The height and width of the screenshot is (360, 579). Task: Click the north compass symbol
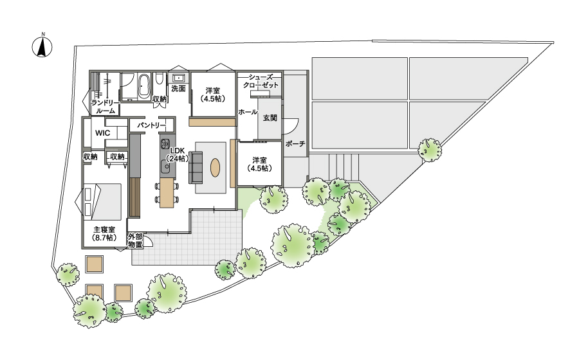pyautogui.click(x=42, y=46)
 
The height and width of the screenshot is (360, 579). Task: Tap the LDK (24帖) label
pyautogui.click(x=178, y=154)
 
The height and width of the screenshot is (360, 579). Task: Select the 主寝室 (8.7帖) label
pyautogui.click(x=104, y=233)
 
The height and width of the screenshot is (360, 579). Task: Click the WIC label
pyautogui.click(x=102, y=133)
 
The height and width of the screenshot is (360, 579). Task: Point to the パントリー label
pyautogui.click(x=151, y=125)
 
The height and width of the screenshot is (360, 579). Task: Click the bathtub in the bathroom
pyautogui.click(x=143, y=85)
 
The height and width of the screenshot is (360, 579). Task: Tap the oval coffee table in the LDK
pyautogui.click(x=215, y=168)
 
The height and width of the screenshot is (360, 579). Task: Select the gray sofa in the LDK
pyautogui.click(x=196, y=167)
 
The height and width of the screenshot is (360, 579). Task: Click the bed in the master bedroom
pyautogui.click(x=102, y=201)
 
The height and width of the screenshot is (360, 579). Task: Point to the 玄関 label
pyautogui.click(x=270, y=118)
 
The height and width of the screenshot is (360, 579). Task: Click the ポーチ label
pyautogui.click(x=295, y=143)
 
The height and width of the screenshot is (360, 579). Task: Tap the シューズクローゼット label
pyautogui.click(x=261, y=81)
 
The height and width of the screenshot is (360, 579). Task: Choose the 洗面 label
pyautogui.click(x=178, y=89)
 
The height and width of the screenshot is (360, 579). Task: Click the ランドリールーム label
pyautogui.click(x=106, y=106)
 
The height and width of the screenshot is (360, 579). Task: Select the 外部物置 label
pyautogui.click(x=135, y=240)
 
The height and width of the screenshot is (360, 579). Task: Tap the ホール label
pyautogui.click(x=248, y=112)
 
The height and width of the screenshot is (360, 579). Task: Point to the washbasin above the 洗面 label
pyautogui.click(x=179, y=78)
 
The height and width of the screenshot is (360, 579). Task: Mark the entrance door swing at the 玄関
pyautogui.click(x=291, y=127)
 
